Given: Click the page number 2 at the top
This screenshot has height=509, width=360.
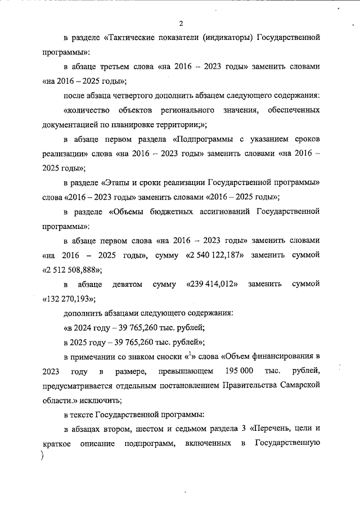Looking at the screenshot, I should coord(181,23).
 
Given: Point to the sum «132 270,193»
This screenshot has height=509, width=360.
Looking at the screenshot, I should coord(69,298).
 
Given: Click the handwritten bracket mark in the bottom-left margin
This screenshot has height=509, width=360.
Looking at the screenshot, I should coord(43,457).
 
